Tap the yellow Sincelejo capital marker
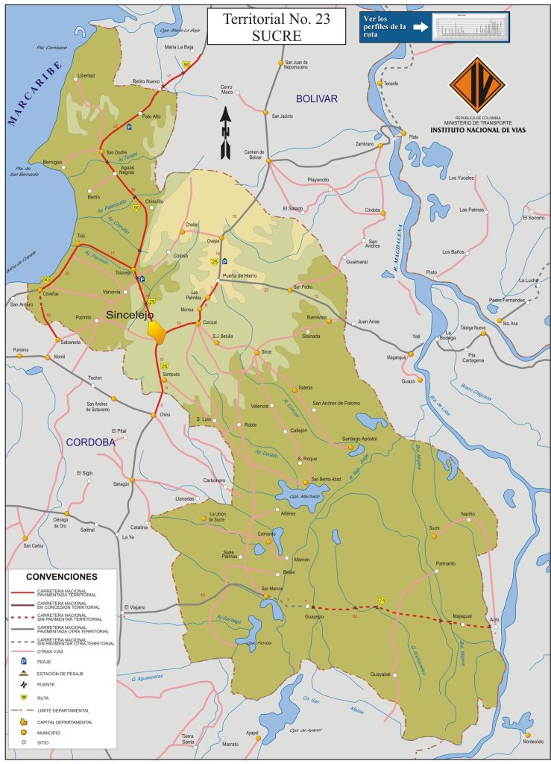coord(157,329)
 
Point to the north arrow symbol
coord(225,133)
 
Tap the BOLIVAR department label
coord(316,98)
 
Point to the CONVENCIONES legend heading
coord(61,577)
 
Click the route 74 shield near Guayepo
coord(382,601)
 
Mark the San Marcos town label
coord(271,589)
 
